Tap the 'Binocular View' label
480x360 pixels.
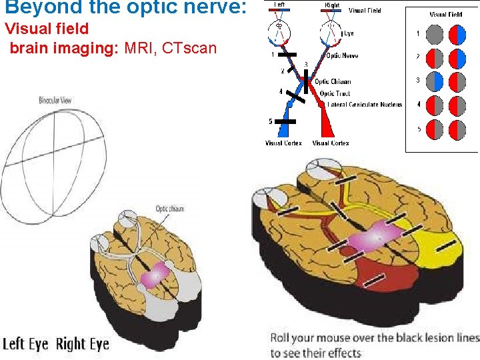pyautogui.click(x=55, y=101)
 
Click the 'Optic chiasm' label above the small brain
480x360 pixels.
pyautogui.click(x=169, y=209)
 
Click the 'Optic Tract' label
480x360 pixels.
pyautogui.click(x=335, y=93)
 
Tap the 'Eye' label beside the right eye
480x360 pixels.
pyautogui.click(x=349, y=33)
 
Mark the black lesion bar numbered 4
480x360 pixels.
pyautogui.click(x=298, y=98)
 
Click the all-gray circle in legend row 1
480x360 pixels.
pyautogui.click(x=433, y=34)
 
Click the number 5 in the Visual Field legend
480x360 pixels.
pyautogui.click(x=419, y=129)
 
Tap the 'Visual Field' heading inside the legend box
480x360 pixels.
pyautogui.click(x=445, y=14)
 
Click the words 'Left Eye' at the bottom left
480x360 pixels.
pyautogui.click(x=25, y=345)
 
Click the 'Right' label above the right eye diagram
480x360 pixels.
pyautogui.click(x=331, y=5)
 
